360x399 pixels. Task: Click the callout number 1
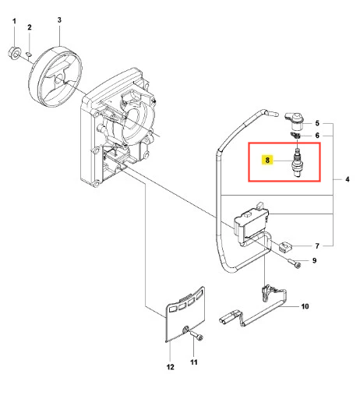click(14, 21)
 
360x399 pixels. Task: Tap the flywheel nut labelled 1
click(13, 53)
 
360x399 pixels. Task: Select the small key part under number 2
click(29, 54)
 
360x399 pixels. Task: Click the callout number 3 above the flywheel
click(59, 20)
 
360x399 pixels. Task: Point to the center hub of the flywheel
click(59, 77)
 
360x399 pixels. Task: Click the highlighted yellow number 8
click(267, 160)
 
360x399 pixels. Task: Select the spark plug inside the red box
click(297, 163)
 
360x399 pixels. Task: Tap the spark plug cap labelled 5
click(295, 122)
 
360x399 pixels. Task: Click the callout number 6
click(317, 136)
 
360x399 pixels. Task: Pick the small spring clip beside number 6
click(295, 136)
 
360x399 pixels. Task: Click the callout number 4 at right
click(348, 179)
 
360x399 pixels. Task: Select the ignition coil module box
click(251, 222)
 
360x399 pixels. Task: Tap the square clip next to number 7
click(286, 246)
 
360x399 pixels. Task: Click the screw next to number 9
click(295, 263)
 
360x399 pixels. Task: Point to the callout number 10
click(305, 306)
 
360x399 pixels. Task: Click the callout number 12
click(170, 367)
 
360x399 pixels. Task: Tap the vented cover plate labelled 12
click(185, 313)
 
